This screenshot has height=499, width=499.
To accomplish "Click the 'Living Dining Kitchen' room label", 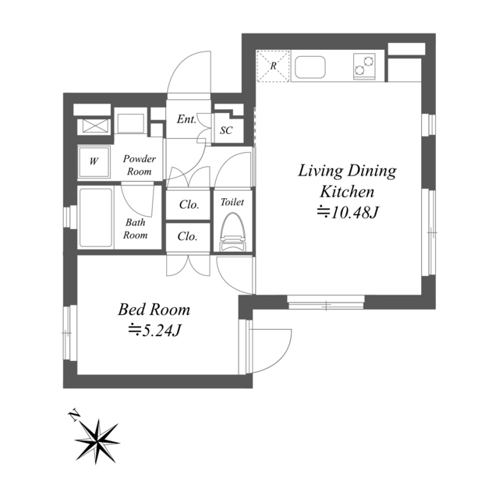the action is coord(347,181).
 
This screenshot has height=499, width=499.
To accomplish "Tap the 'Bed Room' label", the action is coord(154,310).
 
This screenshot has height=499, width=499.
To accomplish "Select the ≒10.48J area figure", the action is coord(347,213).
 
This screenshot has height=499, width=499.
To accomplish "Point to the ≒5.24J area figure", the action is coord(154,331).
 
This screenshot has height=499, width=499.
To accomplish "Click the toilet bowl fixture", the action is coord(233,232).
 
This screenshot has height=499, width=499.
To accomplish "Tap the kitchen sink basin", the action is coord(310,68).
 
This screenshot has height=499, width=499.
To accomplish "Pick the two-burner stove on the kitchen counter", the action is coord(364,66).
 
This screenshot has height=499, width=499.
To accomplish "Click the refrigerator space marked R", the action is coord(273,66).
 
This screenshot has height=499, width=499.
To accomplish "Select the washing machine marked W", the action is coord(94,161).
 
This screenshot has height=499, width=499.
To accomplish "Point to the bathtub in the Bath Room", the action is coord(96,218).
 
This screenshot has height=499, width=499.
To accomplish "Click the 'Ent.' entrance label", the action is coord(186,119).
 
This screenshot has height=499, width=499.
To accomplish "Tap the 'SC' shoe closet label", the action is coord(226,130).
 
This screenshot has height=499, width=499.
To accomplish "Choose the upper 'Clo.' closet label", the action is coord(189,204).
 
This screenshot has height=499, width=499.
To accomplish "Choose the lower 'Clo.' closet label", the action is coord(187,236).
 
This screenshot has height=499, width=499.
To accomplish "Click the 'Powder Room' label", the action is coord(140,165).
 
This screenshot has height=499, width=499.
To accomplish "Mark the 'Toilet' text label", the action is coord(232,202).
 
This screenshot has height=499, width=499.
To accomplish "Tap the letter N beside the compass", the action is coord(75,416).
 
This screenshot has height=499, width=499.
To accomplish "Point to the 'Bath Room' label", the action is coord(135,228).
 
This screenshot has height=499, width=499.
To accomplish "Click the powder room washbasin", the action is coord(130,122).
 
